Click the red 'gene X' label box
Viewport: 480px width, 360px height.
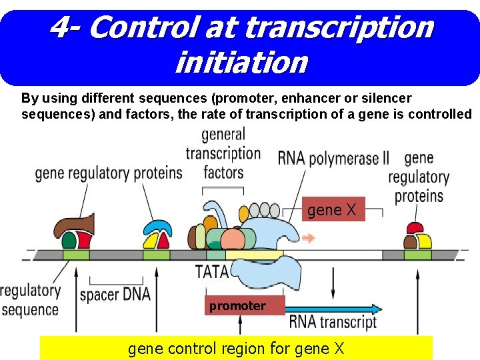point(333,210)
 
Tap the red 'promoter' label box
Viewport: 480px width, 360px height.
point(237,306)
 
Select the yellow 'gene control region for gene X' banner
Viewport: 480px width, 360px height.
point(236,348)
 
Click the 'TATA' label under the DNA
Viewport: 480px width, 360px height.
point(212,272)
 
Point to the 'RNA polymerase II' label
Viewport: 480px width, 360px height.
point(333,159)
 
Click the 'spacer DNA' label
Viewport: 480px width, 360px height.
point(115,294)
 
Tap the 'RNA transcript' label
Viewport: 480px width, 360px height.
point(333,323)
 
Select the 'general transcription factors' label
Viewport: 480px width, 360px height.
point(223,154)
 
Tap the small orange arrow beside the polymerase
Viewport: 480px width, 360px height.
point(309,237)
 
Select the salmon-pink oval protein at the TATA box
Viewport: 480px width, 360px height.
point(233,239)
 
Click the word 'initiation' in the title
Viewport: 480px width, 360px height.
point(241,63)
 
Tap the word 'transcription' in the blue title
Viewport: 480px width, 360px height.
point(339,27)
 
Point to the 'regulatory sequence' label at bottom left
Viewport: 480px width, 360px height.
point(30,301)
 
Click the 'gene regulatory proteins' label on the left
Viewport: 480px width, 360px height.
point(108,173)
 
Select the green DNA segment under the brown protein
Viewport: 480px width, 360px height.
point(76,255)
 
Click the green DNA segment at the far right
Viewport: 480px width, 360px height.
point(417,255)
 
